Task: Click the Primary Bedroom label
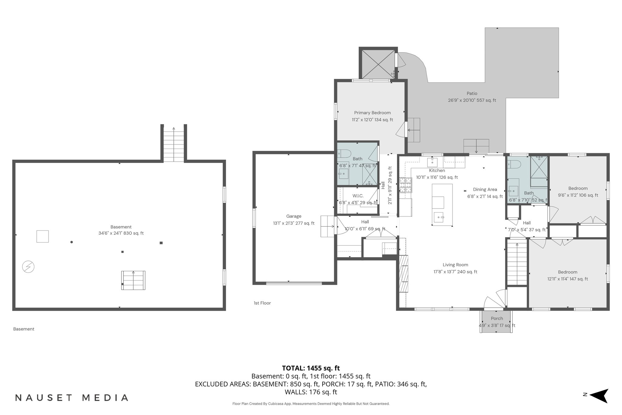click(372, 113)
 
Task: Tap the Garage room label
click(294, 216)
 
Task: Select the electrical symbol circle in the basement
click(28, 267)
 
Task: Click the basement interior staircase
click(133, 280)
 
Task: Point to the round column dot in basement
click(72, 242)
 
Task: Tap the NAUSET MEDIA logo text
click(72, 398)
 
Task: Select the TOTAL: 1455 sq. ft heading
click(311, 368)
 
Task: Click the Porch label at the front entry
click(497, 318)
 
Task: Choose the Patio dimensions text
click(472, 100)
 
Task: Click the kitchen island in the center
click(442, 205)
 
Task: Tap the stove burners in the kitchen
click(406, 185)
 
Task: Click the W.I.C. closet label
click(358, 196)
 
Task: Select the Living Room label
click(455, 265)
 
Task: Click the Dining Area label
click(485, 189)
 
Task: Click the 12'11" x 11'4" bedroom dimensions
click(567, 279)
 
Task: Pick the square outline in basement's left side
click(43, 236)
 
